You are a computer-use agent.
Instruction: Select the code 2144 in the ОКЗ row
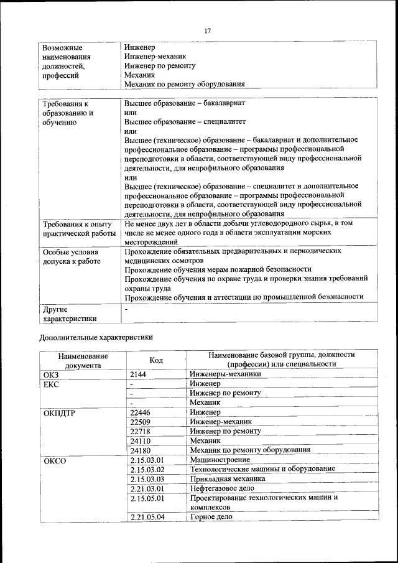click(x=139, y=375)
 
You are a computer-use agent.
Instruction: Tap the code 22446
click(x=141, y=412)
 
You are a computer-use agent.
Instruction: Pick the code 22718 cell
click(x=141, y=431)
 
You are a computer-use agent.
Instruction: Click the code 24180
click(x=141, y=450)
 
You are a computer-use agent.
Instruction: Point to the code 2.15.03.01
click(x=147, y=460)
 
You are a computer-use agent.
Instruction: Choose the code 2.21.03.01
click(x=147, y=488)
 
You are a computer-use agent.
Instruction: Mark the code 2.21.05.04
click(x=147, y=517)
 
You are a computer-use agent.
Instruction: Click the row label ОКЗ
click(x=52, y=375)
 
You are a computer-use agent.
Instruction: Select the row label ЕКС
click(x=52, y=384)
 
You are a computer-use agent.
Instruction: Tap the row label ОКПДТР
click(x=60, y=412)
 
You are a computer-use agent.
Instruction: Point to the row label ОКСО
click(x=55, y=460)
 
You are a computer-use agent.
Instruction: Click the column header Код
click(x=157, y=360)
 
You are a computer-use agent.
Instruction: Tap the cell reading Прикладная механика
click(x=228, y=479)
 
